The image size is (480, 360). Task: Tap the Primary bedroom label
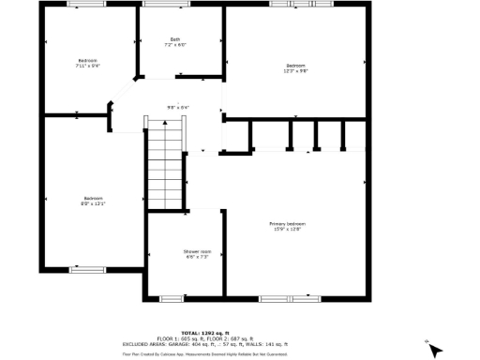pyautogui.click(x=288, y=224)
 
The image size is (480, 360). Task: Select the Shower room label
pyautogui.click(x=197, y=250)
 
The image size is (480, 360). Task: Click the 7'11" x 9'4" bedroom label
pyautogui.click(x=88, y=62)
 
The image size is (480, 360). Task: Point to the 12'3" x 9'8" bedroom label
pyautogui.click(x=296, y=66)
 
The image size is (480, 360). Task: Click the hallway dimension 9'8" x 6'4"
pyautogui.click(x=178, y=108)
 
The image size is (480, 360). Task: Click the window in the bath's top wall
pyautogui.click(x=157, y=4)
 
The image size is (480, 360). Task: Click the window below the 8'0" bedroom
pyautogui.click(x=88, y=269)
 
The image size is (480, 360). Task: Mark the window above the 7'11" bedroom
pyautogui.click(x=81, y=4)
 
